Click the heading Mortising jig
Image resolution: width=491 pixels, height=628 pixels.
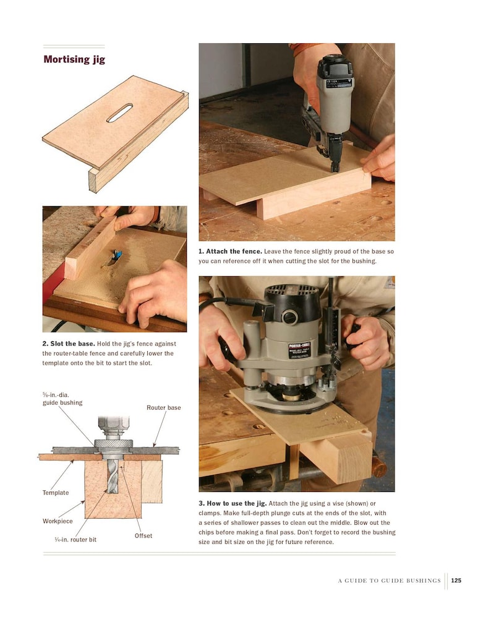(75, 60)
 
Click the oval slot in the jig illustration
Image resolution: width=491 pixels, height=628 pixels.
(119, 113)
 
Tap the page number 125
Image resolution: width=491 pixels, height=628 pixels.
(456, 580)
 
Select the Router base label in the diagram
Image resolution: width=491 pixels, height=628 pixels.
(163, 407)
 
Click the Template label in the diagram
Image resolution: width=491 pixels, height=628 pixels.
(56, 493)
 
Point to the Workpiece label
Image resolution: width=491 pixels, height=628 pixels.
(58, 521)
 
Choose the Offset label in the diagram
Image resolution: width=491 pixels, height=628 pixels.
(143, 535)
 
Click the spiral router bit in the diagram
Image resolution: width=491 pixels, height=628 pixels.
(113, 475)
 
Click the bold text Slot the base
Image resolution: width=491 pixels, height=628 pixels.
(68, 343)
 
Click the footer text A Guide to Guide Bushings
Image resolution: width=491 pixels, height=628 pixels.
(389, 580)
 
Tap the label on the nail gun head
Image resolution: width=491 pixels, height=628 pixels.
(335, 81)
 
